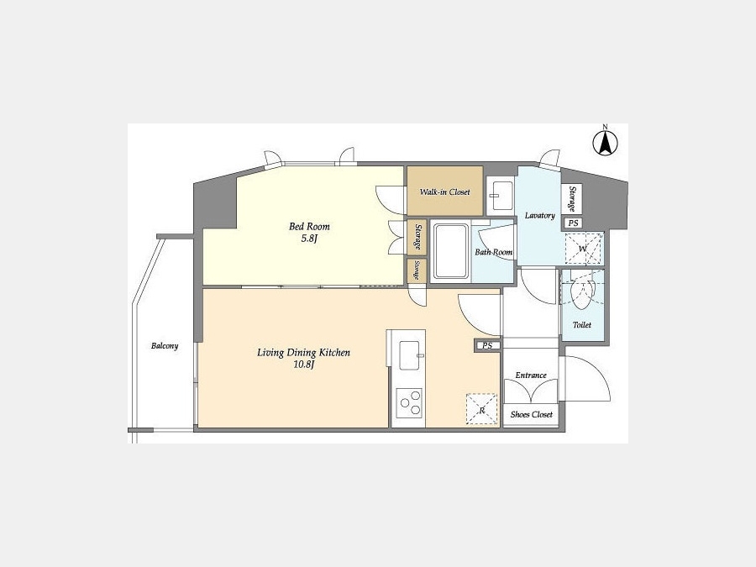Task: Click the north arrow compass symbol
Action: pyautogui.click(x=605, y=141)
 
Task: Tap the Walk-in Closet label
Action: pyautogui.click(x=444, y=192)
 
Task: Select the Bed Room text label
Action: pyautogui.click(x=309, y=226)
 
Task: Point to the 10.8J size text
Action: pyautogui.click(x=304, y=365)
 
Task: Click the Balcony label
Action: pyautogui.click(x=165, y=346)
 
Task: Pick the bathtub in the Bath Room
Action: pyautogui.click(x=451, y=250)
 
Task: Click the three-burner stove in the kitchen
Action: pyautogui.click(x=409, y=403)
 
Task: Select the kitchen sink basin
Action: pyautogui.click(x=409, y=354)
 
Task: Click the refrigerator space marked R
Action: pyautogui.click(x=481, y=409)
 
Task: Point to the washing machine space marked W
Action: pyautogui.click(x=584, y=249)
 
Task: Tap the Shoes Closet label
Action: pyautogui.click(x=532, y=414)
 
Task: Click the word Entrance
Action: pyautogui.click(x=531, y=375)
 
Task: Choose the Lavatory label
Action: pyautogui.click(x=540, y=216)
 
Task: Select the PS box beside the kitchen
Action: pyautogui.click(x=487, y=345)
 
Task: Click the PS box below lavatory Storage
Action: pyautogui.click(x=573, y=223)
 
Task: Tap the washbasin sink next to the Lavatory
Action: pyautogui.click(x=500, y=196)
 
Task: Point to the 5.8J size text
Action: pyautogui.click(x=309, y=239)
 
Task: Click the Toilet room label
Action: pyautogui.click(x=582, y=325)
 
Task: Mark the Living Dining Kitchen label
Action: pyautogui.click(x=304, y=353)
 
